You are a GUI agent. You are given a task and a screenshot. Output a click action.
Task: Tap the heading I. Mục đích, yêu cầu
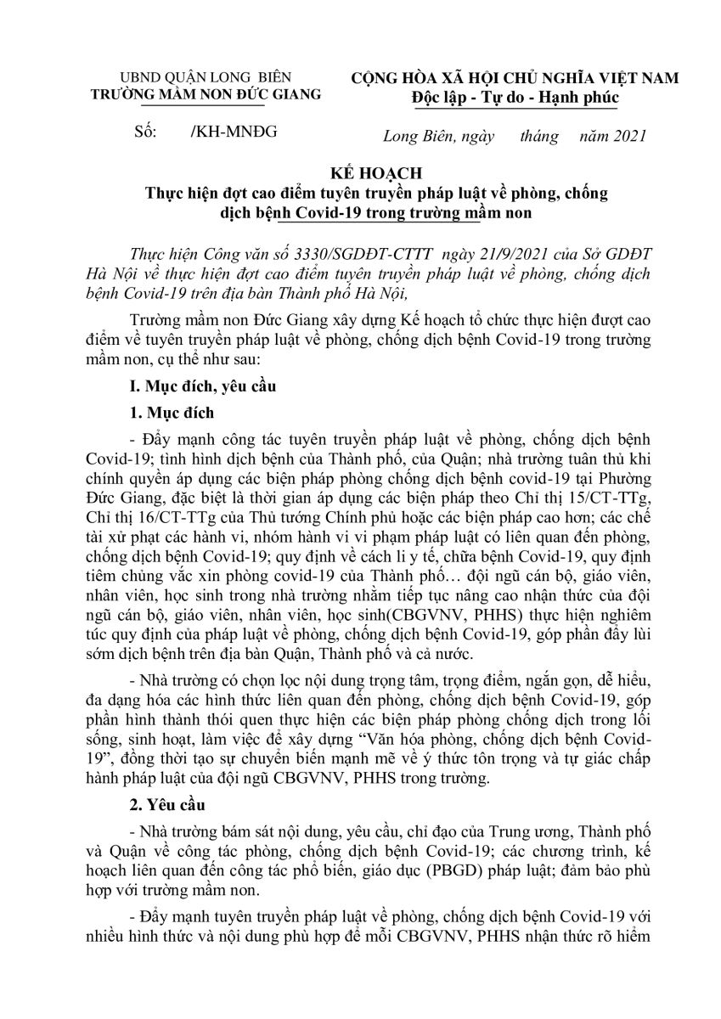coord(200,386)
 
